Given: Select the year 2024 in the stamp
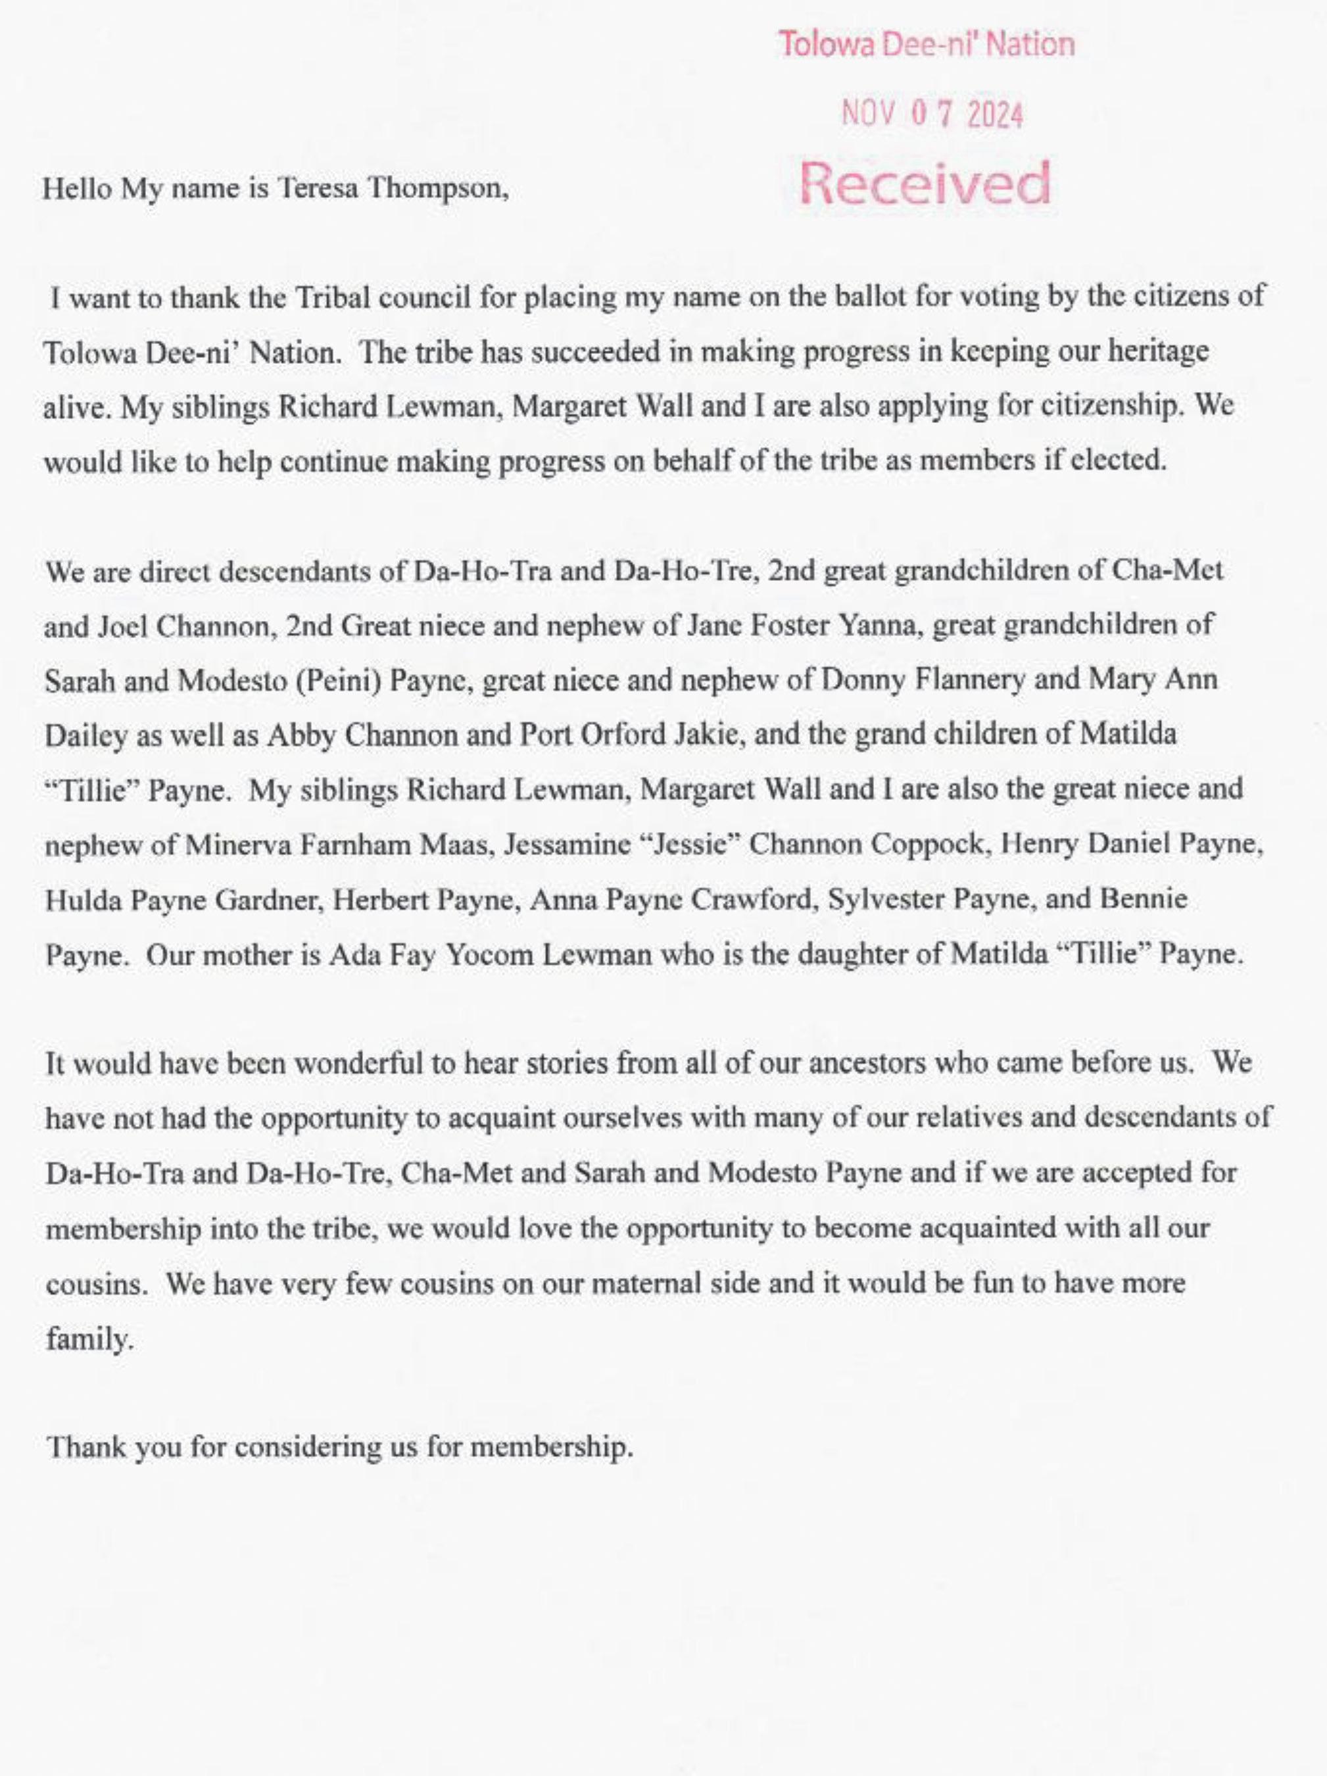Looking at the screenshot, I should click(996, 117).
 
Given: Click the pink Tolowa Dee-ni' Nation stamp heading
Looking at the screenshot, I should click(927, 44).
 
